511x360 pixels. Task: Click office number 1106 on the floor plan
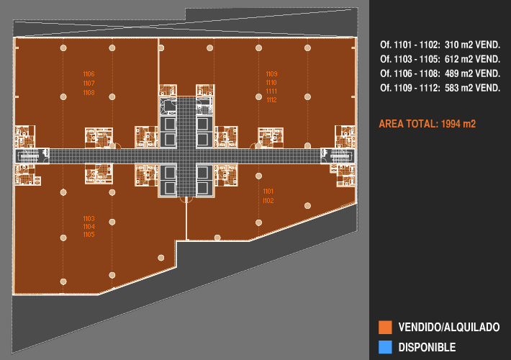(89, 74)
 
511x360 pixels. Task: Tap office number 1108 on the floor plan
(89, 93)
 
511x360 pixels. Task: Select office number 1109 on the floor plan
(271, 74)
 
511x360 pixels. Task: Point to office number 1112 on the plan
(271, 100)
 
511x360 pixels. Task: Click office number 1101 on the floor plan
(268, 192)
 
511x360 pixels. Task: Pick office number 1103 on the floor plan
(89, 218)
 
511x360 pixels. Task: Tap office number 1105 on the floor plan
(89, 235)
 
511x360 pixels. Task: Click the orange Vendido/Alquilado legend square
(385, 328)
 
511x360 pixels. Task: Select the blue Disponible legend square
(385, 347)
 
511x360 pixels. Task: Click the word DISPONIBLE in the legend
(427, 347)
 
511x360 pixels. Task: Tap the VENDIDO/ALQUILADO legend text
(449, 327)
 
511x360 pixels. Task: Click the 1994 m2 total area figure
(458, 124)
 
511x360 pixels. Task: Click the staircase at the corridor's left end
(32, 156)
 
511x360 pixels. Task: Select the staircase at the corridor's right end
(338, 156)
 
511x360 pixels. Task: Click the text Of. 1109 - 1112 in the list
(410, 88)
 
